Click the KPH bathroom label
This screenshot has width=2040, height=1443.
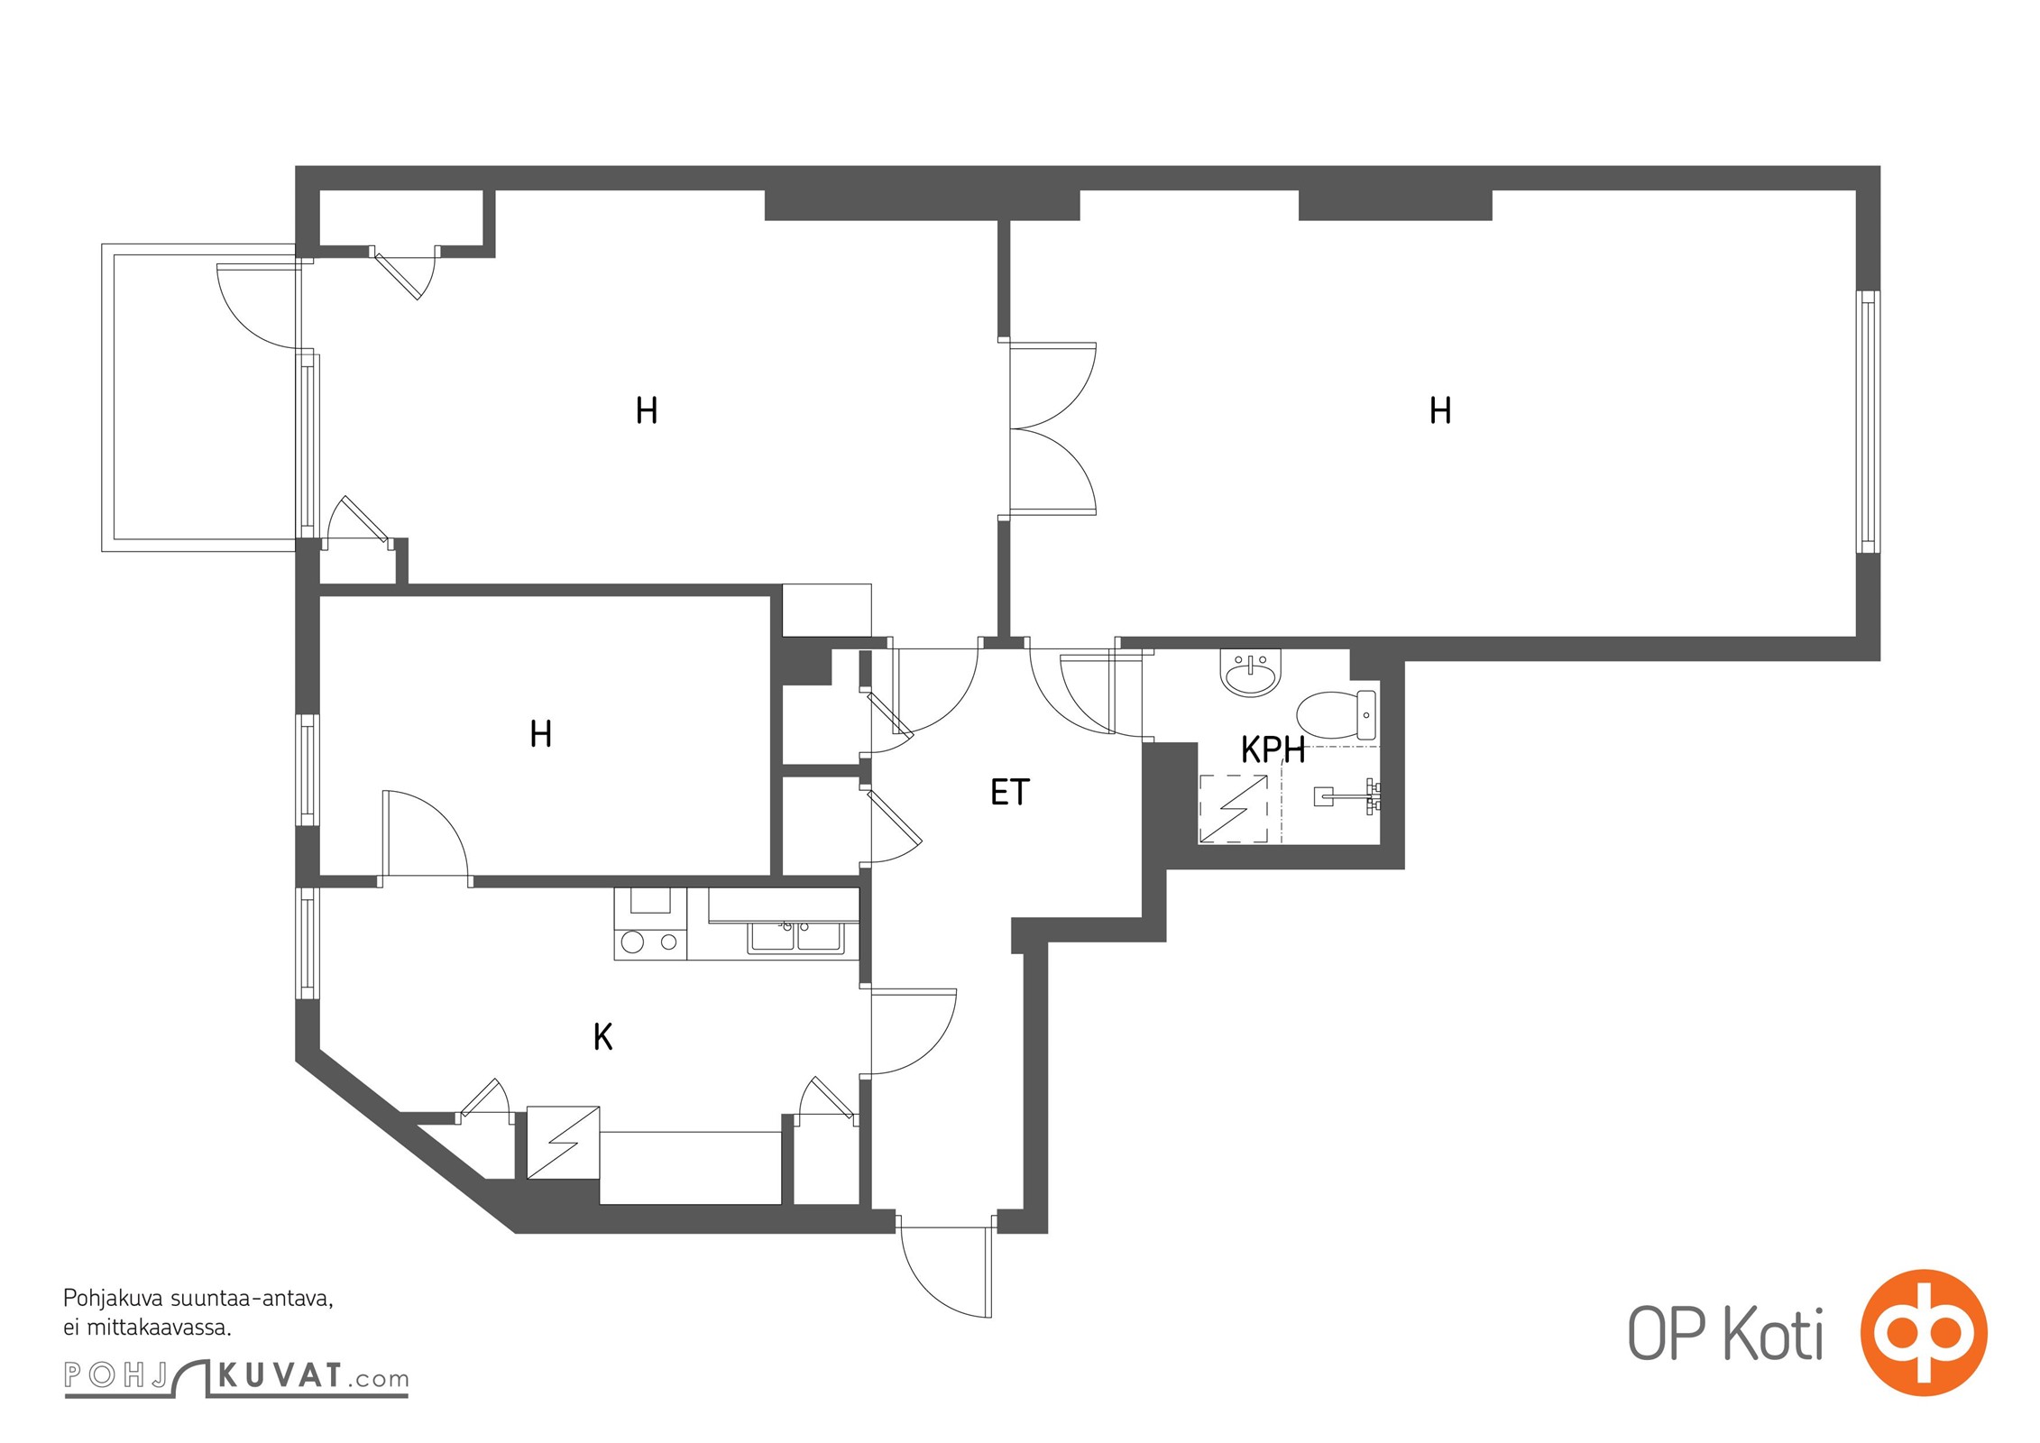click(x=1273, y=749)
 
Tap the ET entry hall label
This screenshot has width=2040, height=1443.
click(x=1009, y=792)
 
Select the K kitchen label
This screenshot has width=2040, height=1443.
click(x=602, y=1037)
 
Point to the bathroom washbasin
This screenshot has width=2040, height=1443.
click(x=1250, y=673)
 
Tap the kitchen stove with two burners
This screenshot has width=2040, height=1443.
click(x=650, y=924)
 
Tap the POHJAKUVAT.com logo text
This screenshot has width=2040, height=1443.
click(x=236, y=1376)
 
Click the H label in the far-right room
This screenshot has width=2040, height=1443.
click(x=1440, y=411)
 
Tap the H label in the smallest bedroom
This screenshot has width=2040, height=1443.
click(x=540, y=734)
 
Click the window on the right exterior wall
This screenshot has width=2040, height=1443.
click(x=1868, y=421)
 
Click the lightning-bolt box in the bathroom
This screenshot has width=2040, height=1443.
click(x=1233, y=809)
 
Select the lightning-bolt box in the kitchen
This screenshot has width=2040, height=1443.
click(x=563, y=1142)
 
